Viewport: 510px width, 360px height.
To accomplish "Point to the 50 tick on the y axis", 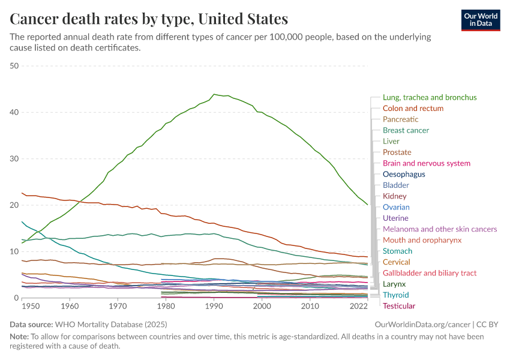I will coord(14,66).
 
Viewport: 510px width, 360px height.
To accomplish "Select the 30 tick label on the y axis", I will coord(14,159).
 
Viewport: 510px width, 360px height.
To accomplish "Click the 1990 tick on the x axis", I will coord(214,306).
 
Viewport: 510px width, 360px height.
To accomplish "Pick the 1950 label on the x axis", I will coord(31,306).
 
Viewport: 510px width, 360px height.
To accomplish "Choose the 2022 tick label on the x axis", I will coord(358,306).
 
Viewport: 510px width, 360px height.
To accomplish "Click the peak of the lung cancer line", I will coord(214,94).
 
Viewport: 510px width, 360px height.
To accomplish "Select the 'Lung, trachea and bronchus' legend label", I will coord(430,97).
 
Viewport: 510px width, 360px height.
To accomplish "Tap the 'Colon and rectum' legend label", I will coord(413,109).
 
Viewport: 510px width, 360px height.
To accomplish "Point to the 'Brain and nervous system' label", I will coord(426,163).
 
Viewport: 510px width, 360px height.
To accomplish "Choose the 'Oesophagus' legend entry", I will coord(404,174).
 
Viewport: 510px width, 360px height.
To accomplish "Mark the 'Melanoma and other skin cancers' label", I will coord(440,229).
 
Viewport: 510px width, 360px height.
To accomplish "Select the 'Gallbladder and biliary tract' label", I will coord(430,273).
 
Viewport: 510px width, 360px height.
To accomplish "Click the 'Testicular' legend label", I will coord(399,306).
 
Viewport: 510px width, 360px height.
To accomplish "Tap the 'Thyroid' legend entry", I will coord(395,295).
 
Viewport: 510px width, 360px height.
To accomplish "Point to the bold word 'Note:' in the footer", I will coord(20,337).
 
